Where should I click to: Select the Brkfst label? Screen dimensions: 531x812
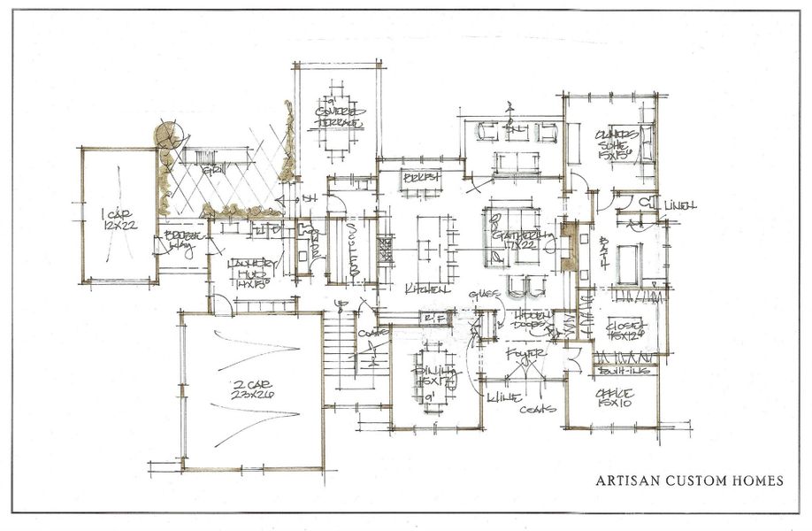point(422,178)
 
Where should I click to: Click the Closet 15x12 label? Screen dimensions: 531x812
point(625,331)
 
